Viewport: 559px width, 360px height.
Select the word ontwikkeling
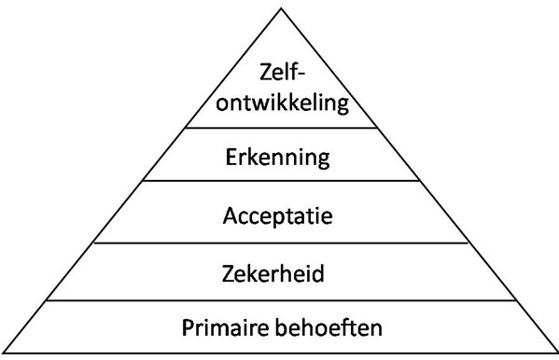click(279, 100)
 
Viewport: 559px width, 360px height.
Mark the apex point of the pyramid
click(280, 7)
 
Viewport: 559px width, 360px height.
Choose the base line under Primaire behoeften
click(279, 353)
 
